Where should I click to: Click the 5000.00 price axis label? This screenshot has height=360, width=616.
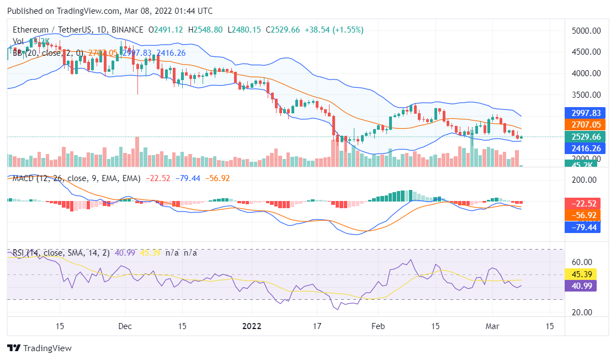click(x=586, y=31)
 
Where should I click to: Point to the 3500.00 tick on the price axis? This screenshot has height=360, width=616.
click(x=586, y=94)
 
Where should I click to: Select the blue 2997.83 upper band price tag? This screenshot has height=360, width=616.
click(x=586, y=113)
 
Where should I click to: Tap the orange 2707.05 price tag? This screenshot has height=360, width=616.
click(x=586, y=125)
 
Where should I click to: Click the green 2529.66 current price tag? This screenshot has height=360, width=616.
click(x=586, y=136)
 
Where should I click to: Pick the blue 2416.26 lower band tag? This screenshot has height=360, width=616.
click(x=586, y=148)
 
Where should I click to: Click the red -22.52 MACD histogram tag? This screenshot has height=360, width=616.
click(x=586, y=203)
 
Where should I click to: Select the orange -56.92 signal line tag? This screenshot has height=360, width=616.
click(x=586, y=215)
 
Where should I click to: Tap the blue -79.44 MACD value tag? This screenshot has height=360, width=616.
click(x=586, y=226)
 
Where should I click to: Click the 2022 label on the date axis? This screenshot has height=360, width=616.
click(x=252, y=326)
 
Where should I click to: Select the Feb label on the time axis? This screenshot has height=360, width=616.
click(x=378, y=326)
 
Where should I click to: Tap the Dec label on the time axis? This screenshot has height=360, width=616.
click(x=125, y=326)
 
